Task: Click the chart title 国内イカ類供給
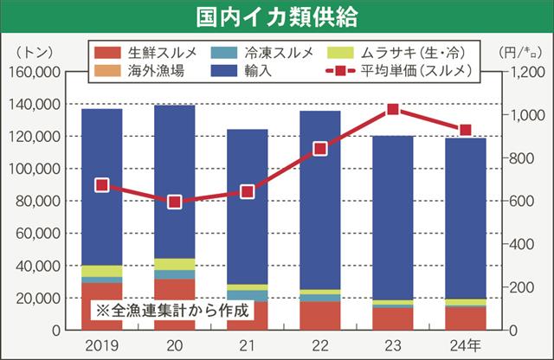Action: pos(277,16)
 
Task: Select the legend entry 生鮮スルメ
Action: pos(146,53)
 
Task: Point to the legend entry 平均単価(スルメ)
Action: pos(397,71)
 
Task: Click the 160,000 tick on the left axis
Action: pos(34,72)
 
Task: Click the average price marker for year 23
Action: pos(393,109)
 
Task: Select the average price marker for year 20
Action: pos(174,202)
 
